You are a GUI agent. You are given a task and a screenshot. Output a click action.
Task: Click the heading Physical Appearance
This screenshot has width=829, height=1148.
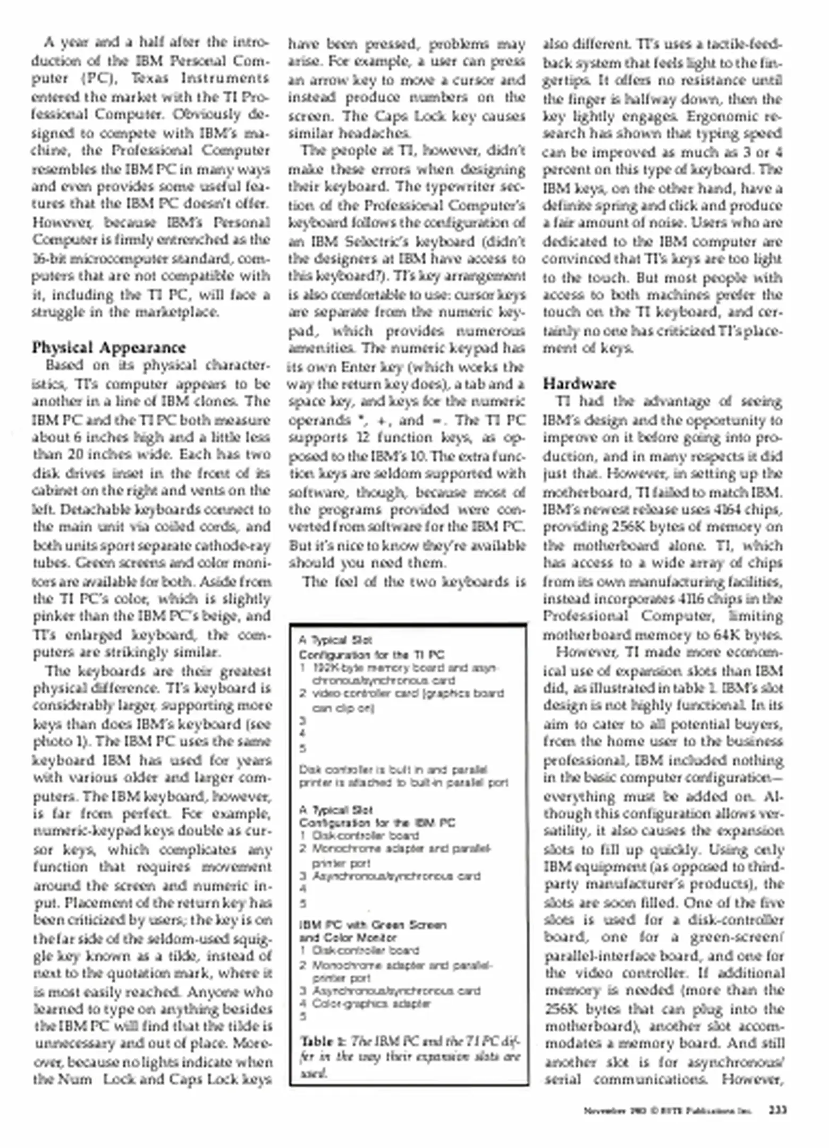point(109,348)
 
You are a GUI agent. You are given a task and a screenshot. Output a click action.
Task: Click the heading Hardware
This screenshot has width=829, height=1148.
point(579,384)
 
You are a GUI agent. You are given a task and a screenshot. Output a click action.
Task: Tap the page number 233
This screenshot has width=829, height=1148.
point(777,1110)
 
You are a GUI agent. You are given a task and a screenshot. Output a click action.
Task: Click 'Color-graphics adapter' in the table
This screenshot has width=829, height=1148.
point(371,1003)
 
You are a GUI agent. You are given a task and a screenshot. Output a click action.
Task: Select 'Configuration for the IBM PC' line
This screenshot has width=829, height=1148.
point(377,823)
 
